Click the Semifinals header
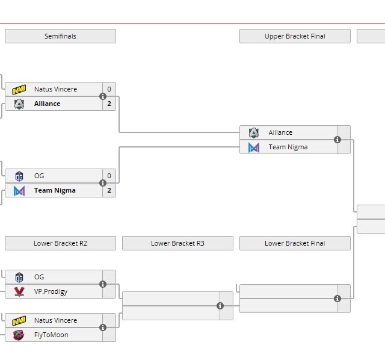pyautogui.click(x=60, y=36)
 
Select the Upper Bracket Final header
pyautogui.click(x=295, y=36)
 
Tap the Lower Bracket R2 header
pyautogui.click(x=60, y=243)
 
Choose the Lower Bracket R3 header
pyautogui.click(x=177, y=243)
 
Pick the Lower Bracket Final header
pyautogui.click(x=295, y=243)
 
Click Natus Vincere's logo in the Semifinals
pyautogui.click(x=19, y=89)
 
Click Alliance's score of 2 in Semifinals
pyautogui.click(x=109, y=104)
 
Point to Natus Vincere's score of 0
pyautogui.click(x=109, y=89)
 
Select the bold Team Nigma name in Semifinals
pyautogui.click(x=55, y=190)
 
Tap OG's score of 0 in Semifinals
pyautogui.click(x=109, y=176)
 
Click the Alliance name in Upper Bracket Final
pyautogui.click(x=280, y=132)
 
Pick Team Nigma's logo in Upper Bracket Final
pyautogui.click(x=254, y=147)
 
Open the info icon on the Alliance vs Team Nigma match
pyautogui.click(x=337, y=140)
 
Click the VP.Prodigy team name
pyautogui.click(x=51, y=291)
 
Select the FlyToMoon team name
pyautogui.click(x=51, y=335)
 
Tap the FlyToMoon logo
pyautogui.click(x=19, y=335)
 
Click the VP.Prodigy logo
pyautogui.click(x=19, y=291)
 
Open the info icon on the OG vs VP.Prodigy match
pyautogui.click(x=103, y=284)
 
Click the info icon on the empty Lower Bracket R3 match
pyautogui.click(x=220, y=306)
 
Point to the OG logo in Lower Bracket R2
pyautogui.click(x=19, y=277)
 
